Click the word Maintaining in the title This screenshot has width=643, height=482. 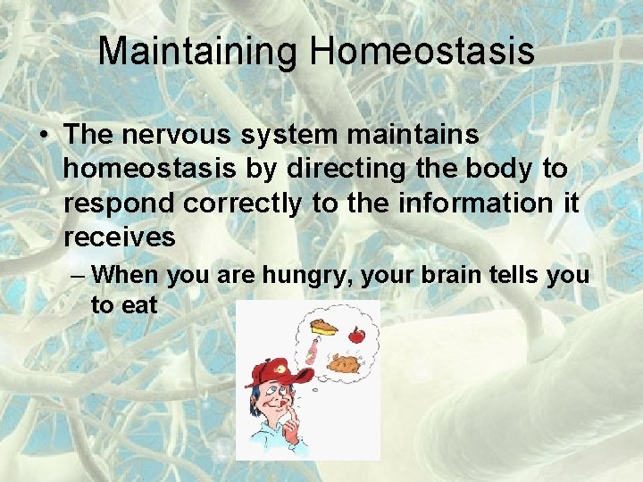(x=198, y=51)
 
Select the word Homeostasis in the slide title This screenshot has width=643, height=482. (x=422, y=51)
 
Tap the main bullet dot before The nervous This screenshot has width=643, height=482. (x=44, y=137)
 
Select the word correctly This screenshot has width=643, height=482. (x=243, y=204)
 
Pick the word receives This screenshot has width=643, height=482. (x=120, y=237)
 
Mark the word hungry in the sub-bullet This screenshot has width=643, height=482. (x=302, y=274)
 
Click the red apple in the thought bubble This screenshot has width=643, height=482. (x=357, y=336)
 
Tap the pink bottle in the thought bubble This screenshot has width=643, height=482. (x=310, y=351)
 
